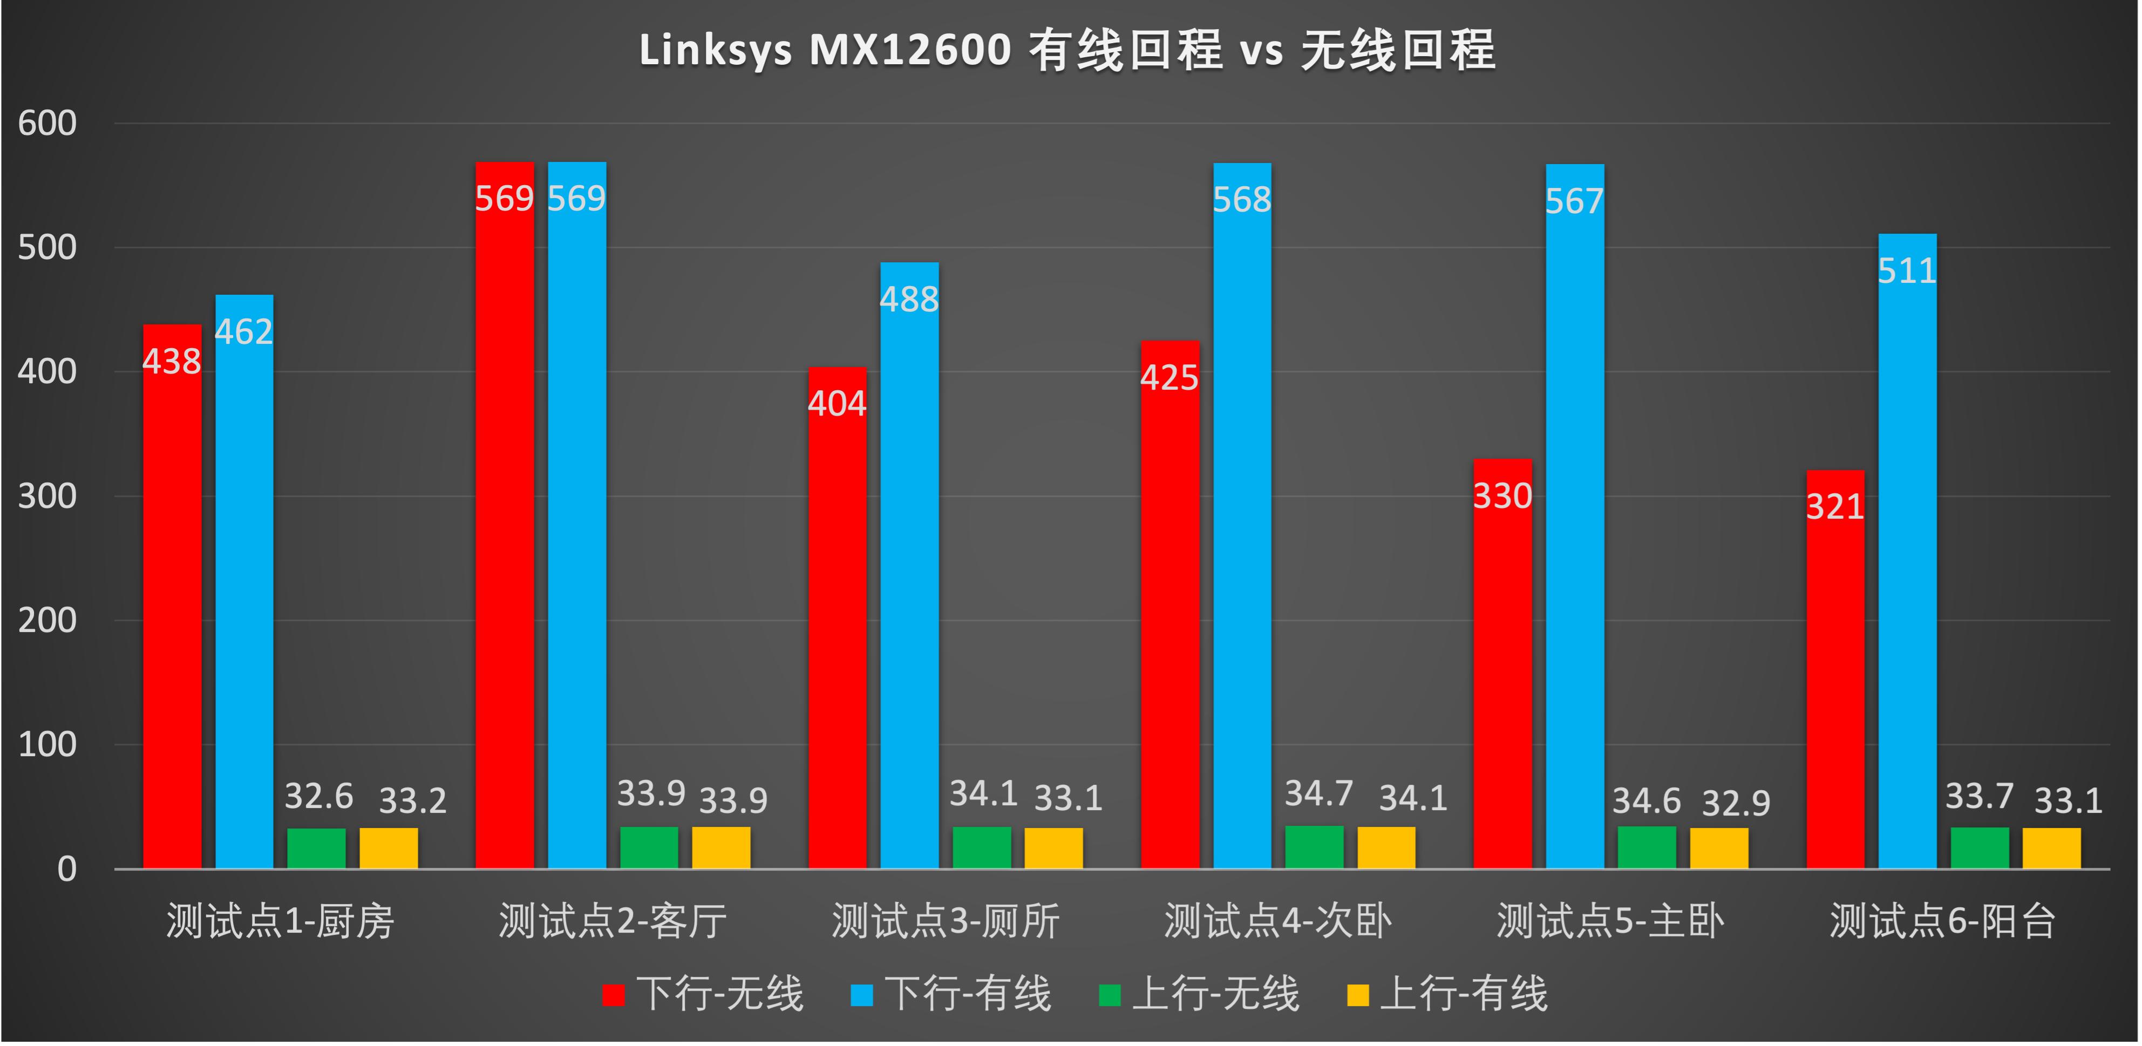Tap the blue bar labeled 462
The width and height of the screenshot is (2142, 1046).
point(244,582)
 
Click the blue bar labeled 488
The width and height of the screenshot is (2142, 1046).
point(910,566)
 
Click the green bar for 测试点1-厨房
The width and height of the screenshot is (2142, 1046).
point(317,848)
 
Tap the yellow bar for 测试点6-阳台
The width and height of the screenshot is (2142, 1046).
point(2052,848)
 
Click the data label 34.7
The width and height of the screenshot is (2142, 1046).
point(1319,794)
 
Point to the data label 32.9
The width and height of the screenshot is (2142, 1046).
point(1736,803)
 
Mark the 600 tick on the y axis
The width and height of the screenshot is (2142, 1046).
point(47,124)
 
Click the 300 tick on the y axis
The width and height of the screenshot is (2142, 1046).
point(47,497)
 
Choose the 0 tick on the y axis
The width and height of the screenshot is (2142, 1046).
point(66,870)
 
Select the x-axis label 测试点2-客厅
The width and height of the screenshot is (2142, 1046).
point(613,921)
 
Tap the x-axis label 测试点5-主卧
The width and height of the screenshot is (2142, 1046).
point(1610,921)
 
